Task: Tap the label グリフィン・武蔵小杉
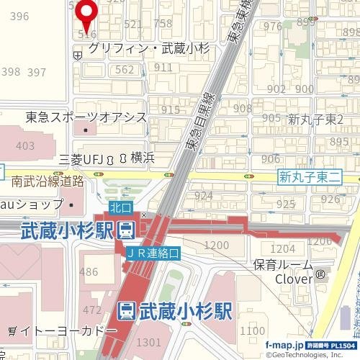tap(148, 48)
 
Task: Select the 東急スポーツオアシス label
tap(86, 117)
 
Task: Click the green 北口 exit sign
tap(122, 207)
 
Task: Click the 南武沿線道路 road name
tap(48, 181)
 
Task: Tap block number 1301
tap(148, 341)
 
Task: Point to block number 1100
tap(253, 330)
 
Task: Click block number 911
tap(162, 67)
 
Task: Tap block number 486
tap(89, 271)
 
